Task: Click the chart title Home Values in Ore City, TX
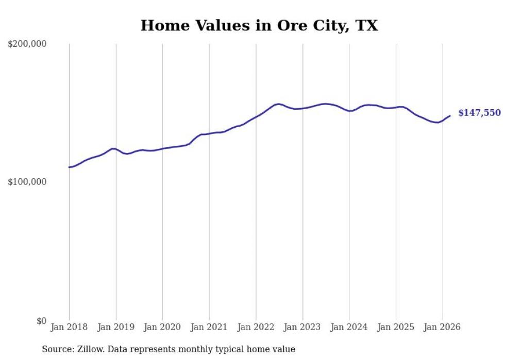(259, 26)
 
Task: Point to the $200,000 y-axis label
(27, 44)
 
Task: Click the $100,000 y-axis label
(27, 182)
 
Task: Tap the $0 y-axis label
(41, 321)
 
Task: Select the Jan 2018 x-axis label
(69, 327)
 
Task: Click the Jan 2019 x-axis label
(116, 327)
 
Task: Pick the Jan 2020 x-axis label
(162, 327)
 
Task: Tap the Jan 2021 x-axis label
(209, 327)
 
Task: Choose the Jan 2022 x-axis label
(256, 327)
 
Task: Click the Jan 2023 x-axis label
(302, 327)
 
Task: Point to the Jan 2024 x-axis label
(349, 327)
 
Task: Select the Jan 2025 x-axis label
(396, 327)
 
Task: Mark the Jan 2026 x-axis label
(443, 327)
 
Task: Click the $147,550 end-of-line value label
(479, 113)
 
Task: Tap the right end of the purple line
(450, 116)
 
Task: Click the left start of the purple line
(69, 167)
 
